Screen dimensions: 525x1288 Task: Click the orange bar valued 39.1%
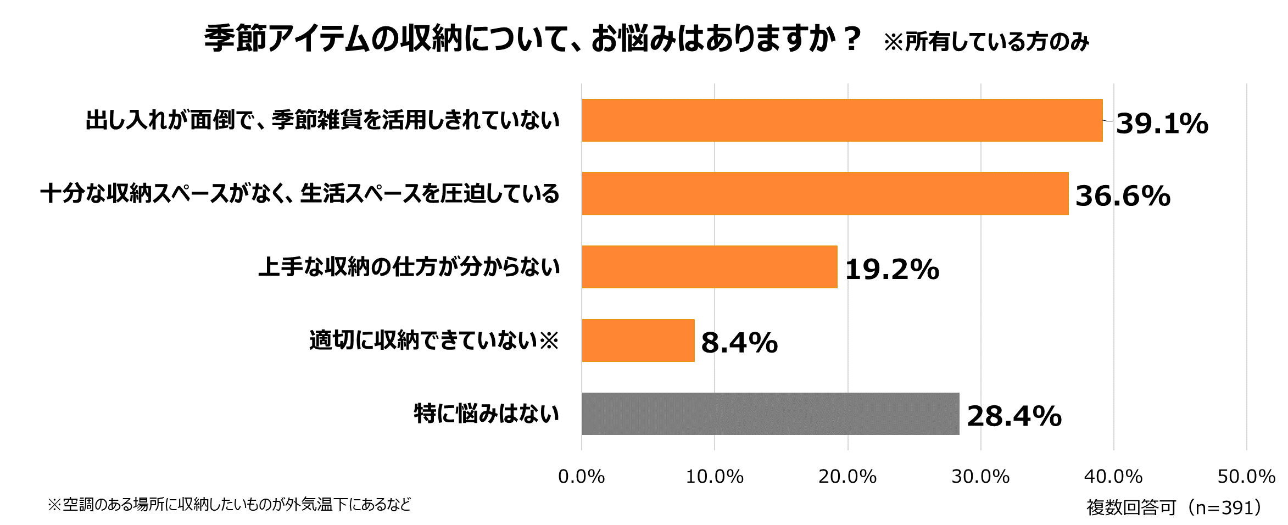(842, 120)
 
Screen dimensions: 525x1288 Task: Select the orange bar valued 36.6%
(825, 193)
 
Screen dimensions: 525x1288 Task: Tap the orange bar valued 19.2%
(710, 267)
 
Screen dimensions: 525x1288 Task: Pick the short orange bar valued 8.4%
(638, 340)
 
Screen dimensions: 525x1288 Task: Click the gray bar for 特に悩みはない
(771, 414)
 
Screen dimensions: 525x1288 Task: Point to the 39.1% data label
(1162, 123)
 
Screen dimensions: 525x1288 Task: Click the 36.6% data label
(1123, 196)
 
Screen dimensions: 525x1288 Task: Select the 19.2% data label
(892, 270)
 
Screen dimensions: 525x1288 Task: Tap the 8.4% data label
(739, 343)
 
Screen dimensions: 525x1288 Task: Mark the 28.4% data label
(1014, 416)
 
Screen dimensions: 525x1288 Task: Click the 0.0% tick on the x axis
(581, 477)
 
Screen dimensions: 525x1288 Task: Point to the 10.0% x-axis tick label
(715, 477)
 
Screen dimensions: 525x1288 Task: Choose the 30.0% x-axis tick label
(980, 477)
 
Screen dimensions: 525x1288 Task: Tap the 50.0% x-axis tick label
(1246, 477)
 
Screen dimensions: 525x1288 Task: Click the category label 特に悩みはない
(486, 414)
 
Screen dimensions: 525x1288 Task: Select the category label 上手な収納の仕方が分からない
(409, 267)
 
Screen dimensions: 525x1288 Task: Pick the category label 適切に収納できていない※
(434, 340)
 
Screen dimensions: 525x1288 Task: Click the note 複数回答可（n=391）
(1176, 507)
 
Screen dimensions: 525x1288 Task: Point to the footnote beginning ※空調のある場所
(229, 504)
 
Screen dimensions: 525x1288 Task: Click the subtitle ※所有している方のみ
(986, 42)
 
